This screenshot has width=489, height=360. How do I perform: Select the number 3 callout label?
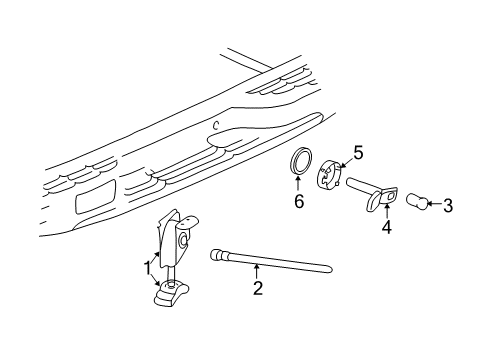point(448,206)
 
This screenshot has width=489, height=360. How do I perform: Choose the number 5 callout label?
point(357,152)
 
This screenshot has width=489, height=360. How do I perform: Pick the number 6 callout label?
point(296,203)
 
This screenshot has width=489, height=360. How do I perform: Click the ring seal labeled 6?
point(298,164)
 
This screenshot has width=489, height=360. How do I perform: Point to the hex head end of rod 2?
point(219,256)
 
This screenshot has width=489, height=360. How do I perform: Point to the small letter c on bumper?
point(215,126)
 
